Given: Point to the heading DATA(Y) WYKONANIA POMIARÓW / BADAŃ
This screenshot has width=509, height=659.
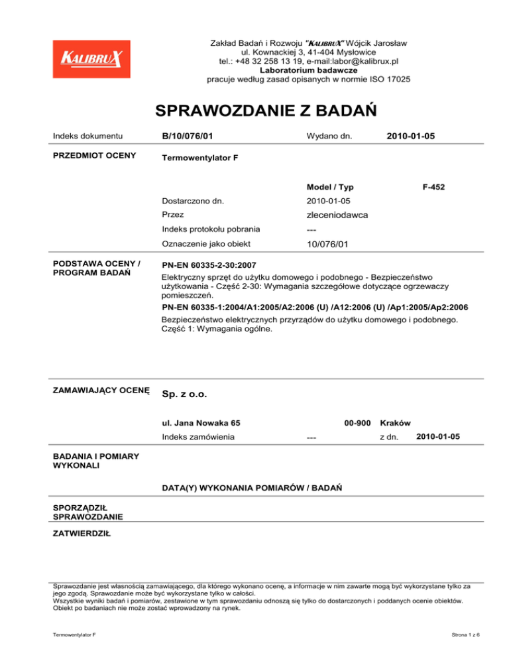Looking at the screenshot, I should (251, 488).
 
